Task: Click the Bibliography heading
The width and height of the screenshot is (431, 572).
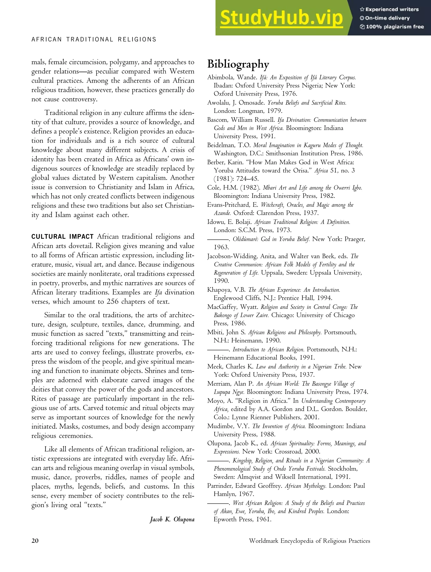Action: click(238, 64)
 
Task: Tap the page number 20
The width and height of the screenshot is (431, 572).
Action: click(35, 541)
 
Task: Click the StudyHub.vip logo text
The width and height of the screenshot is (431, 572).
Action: click(281, 18)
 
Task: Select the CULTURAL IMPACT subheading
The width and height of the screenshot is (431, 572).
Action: click(62, 237)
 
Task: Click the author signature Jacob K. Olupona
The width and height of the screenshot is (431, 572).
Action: click(172, 519)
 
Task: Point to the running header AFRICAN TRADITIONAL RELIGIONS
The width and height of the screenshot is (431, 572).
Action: click(94, 40)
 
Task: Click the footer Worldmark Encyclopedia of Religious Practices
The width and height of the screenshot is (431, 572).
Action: click(309, 541)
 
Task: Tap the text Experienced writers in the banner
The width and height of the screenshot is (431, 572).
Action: click(392, 9)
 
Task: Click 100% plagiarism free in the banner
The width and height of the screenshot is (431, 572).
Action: click(395, 27)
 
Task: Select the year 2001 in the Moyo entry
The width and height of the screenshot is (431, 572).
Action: click(311, 417)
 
